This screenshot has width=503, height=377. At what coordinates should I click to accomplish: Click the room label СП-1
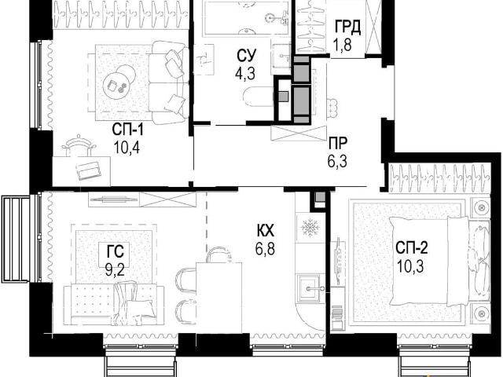pos(127,130)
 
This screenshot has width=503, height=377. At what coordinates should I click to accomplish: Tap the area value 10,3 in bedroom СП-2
pos(410,266)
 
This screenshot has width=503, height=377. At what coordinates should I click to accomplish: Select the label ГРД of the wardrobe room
pos(347,27)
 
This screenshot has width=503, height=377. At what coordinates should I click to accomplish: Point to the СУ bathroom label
pos(246,56)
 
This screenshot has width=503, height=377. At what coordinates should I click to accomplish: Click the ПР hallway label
pos(338,143)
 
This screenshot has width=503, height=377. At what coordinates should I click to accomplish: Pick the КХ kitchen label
pos(265,230)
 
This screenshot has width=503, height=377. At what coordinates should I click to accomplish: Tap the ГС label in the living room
pos(116,251)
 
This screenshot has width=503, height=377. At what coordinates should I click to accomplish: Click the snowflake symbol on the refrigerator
pos(310,228)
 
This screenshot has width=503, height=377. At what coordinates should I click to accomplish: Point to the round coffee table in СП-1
pos(119,81)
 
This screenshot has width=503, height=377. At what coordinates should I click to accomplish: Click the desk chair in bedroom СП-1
pos(79,145)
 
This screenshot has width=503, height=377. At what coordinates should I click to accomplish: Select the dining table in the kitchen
pos(218,298)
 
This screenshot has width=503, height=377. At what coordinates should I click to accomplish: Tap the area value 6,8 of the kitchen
pos(265,248)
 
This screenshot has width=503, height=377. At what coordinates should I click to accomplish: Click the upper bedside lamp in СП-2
pos(480,207)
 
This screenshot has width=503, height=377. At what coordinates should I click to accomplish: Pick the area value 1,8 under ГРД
pos(343,44)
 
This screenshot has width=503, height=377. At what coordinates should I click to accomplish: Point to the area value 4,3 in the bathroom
pos(245,74)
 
